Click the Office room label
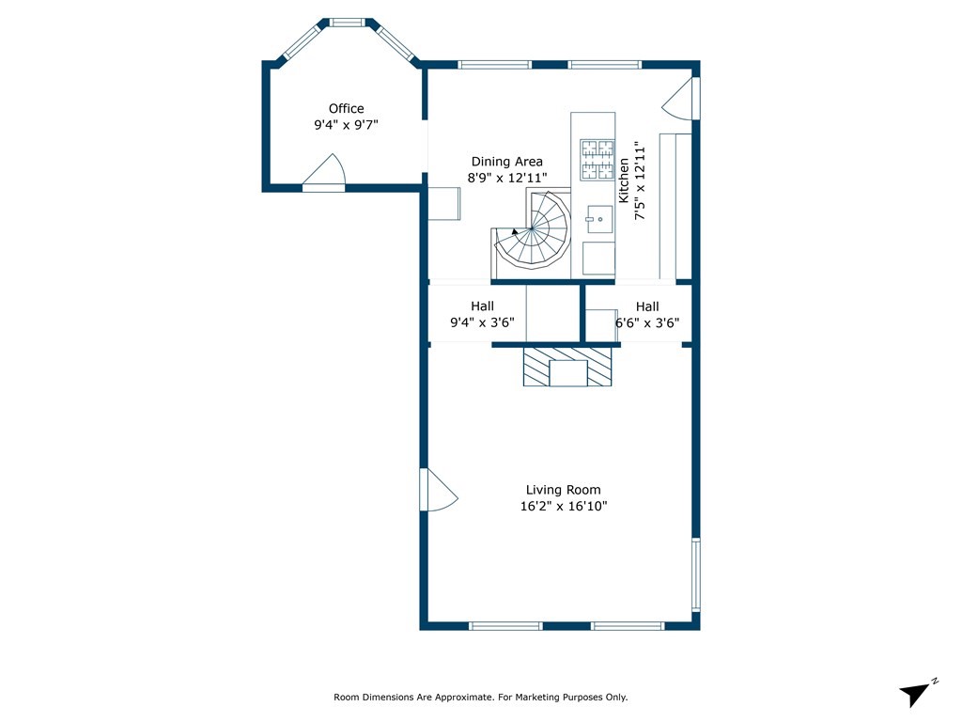point(346,109)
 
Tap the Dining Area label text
point(506,162)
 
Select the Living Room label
point(564,490)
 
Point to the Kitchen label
point(624,180)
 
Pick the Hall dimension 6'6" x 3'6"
point(647,323)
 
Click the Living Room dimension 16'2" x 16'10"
point(564,507)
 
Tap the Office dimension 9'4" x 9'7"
point(346,125)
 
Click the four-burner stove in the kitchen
point(597,160)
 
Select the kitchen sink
point(599,219)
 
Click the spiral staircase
point(533,229)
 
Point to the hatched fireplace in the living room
point(567,368)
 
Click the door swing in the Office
point(324,170)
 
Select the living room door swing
point(438,490)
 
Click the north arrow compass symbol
point(916,693)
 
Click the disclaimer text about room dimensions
point(480,697)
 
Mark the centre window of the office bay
point(348,23)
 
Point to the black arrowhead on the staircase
point(514,231)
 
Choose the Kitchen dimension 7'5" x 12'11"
point(640,181)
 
